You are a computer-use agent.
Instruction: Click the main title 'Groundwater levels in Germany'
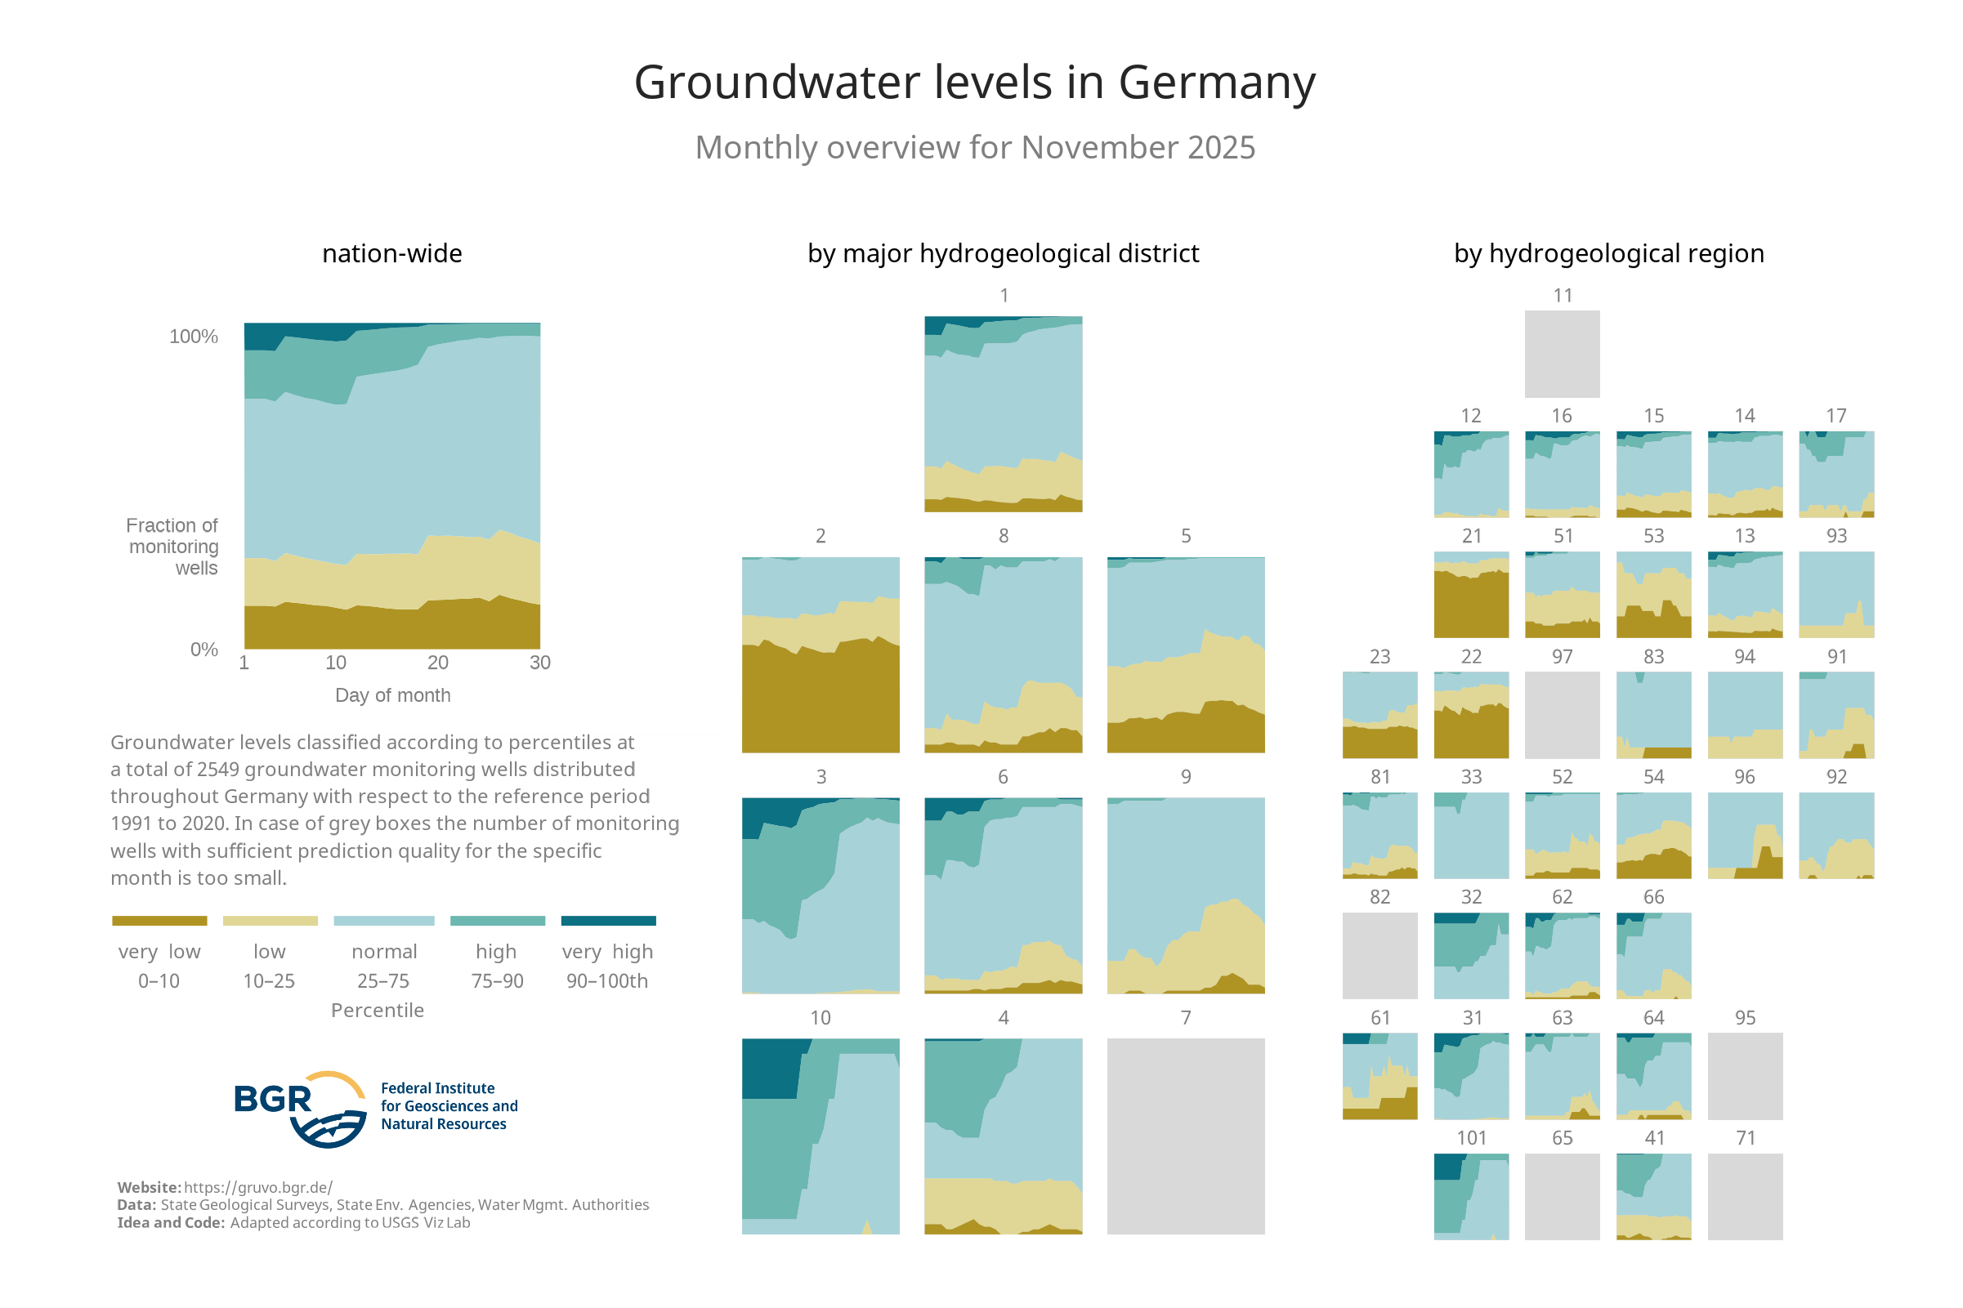click(974, 83)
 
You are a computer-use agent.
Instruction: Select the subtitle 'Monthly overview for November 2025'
click(974, 148)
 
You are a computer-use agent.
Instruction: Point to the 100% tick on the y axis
click(194, 336)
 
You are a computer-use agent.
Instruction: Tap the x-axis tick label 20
click(438, 663)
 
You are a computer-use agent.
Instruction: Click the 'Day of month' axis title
click(392, 695)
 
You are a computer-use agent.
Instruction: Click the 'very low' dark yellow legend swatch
click(159, 921)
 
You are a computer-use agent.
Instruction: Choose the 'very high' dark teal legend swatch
click(608, 921)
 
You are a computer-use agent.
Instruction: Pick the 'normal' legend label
click(384, 952)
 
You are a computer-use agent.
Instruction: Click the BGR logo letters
click(273, 1100)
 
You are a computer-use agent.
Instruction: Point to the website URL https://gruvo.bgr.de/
click(257, 1187)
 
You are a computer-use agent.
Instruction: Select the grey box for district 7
click(1186, 1136)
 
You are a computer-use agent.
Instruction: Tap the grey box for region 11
click(1562, 354)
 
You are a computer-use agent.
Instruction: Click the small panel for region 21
click(1471, 595)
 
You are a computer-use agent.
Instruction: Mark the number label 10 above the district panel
click(820, 1018)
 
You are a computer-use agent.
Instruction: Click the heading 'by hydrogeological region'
click(1608, 253)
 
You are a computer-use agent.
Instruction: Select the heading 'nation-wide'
click(392, 253)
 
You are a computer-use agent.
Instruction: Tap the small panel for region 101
click(1471, 1196)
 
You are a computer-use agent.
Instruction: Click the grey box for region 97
click(1562, 715)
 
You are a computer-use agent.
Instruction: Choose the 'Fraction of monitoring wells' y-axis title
click(172, 547)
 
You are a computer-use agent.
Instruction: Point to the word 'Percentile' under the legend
click(377, 1010)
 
